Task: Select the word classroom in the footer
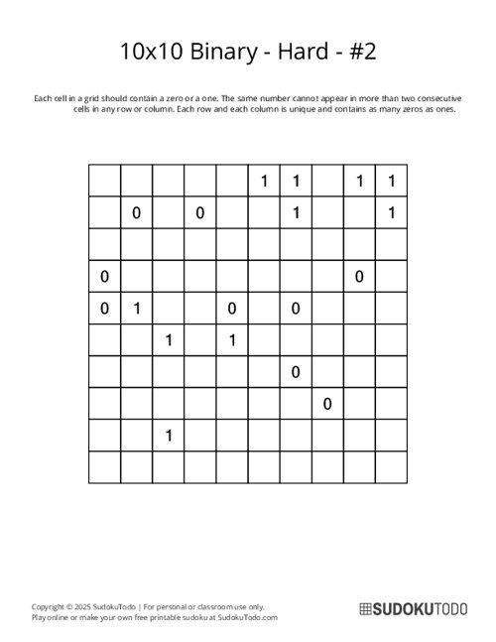pyautogui.click(x=222, y=606)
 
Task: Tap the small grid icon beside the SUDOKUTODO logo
pyautogui.click(x=364, y=610)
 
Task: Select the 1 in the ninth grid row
pyautogui.click(x=169, y=436)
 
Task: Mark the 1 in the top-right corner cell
pyautogui.click(x=392, y=181)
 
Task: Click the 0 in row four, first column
pyautogui.click(x=104, y=276)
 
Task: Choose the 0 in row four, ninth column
pyautogui.click(x=359, y=276)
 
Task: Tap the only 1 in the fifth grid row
pyautogui.click(x=137, y=309)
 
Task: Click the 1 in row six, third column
pyautogui.click(x=169, y=340)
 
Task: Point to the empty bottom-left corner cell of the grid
pyautogui.click(x=104, y=466)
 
